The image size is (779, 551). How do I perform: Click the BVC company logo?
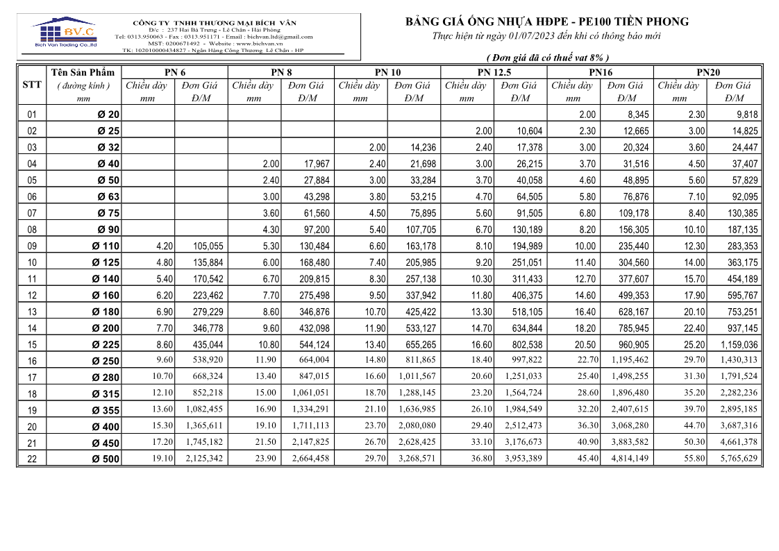(x=65, y=33)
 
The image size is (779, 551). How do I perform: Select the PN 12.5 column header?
(x=494, y=72)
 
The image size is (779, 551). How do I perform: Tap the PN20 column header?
(x=707, y=72)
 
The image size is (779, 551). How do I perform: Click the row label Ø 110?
(x=106, y=246)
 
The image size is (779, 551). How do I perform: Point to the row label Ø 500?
(x=106, y=459)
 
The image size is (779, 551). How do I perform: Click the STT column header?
(x=32, y=85)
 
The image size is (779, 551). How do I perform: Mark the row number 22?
(x=32, y=459)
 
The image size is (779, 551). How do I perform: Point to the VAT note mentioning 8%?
(x=548, y=58)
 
